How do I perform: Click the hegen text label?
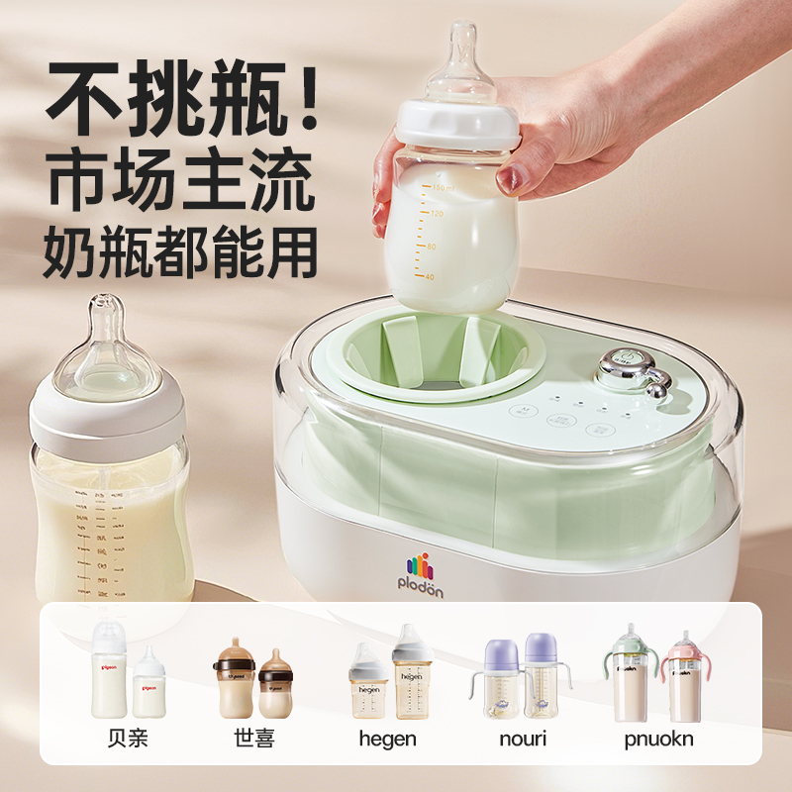(x=386, y=739)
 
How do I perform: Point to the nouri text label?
(x=521, y=739)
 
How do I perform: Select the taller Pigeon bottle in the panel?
(x=109, y=673)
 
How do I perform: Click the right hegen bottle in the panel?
(x=412, y=675)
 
